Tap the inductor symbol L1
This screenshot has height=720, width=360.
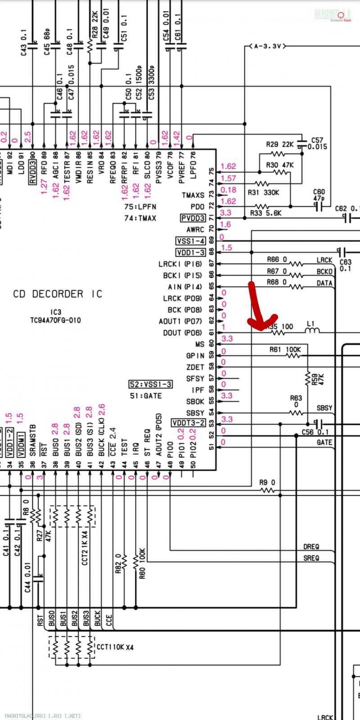(312, 331)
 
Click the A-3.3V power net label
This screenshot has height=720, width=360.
(267, 46)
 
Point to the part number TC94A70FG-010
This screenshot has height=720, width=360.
(56, 320)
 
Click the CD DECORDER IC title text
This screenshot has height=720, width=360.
(58, 294)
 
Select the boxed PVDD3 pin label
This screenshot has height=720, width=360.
(193, 218)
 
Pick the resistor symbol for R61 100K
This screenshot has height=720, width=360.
(293, 355)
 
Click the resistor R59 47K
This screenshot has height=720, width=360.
(308, 379)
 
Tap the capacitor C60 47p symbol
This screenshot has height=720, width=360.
(319, 207)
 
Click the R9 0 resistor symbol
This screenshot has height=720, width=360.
(267, 490)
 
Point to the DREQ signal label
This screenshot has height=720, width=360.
(311, 547)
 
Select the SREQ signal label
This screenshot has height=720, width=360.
(311, 558)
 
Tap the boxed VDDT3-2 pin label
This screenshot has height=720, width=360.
(188, 423)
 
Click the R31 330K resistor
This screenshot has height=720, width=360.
(262, 184)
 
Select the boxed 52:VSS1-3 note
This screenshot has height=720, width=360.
(150, 384)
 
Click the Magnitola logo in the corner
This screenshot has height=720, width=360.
(333, 15)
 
